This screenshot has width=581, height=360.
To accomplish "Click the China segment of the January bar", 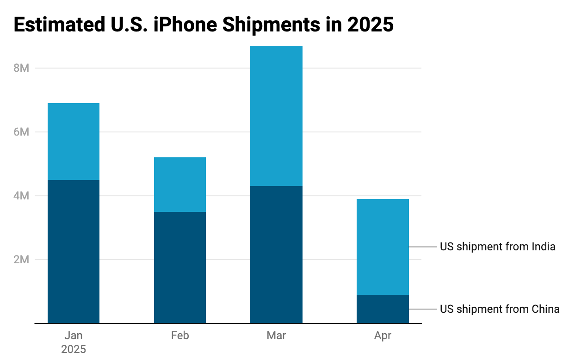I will (74, 251).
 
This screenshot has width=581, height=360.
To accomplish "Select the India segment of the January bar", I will (74, 141).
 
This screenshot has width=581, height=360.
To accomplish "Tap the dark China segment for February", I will (180, 267).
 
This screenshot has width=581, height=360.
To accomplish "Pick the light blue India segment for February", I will (180, 184).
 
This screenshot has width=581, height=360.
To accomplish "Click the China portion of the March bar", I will (276, 254).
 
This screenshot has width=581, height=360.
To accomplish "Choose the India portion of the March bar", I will (276, 116).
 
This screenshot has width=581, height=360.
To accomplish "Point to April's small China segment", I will (383, 309).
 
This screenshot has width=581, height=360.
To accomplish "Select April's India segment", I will (383, 247).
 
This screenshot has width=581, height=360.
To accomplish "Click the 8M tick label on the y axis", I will (21, 68).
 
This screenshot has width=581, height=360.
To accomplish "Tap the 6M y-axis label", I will (21, 132).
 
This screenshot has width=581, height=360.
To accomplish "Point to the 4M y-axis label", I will (21, 196).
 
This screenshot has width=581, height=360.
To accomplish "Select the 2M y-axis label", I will (21, 260).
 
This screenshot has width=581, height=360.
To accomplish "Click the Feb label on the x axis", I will (180, 335).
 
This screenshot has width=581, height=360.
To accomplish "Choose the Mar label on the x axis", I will (276, 335).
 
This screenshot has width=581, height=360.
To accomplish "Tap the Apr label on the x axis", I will (383, 335).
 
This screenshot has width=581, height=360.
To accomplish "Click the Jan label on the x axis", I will (74, 335).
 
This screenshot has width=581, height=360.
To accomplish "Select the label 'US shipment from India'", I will (497, 247).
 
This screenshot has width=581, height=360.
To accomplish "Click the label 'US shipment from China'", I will (500, 309).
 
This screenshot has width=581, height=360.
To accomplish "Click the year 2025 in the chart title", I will (370, 25).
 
